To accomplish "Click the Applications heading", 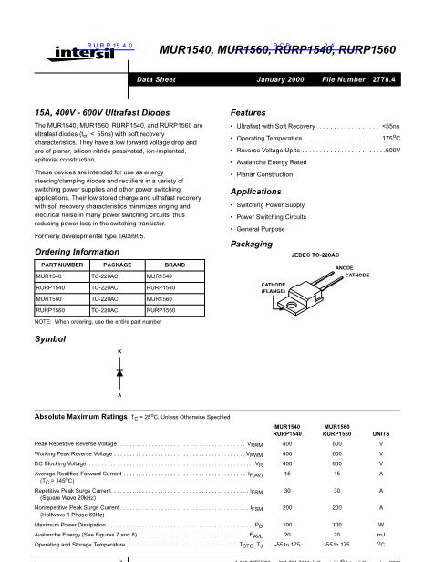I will pos(256,192).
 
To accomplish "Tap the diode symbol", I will pos(119,373).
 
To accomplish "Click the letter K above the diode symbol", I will pos(119,351).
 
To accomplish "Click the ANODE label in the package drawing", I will pos(344,267).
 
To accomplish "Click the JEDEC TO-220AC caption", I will pos(315,255).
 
